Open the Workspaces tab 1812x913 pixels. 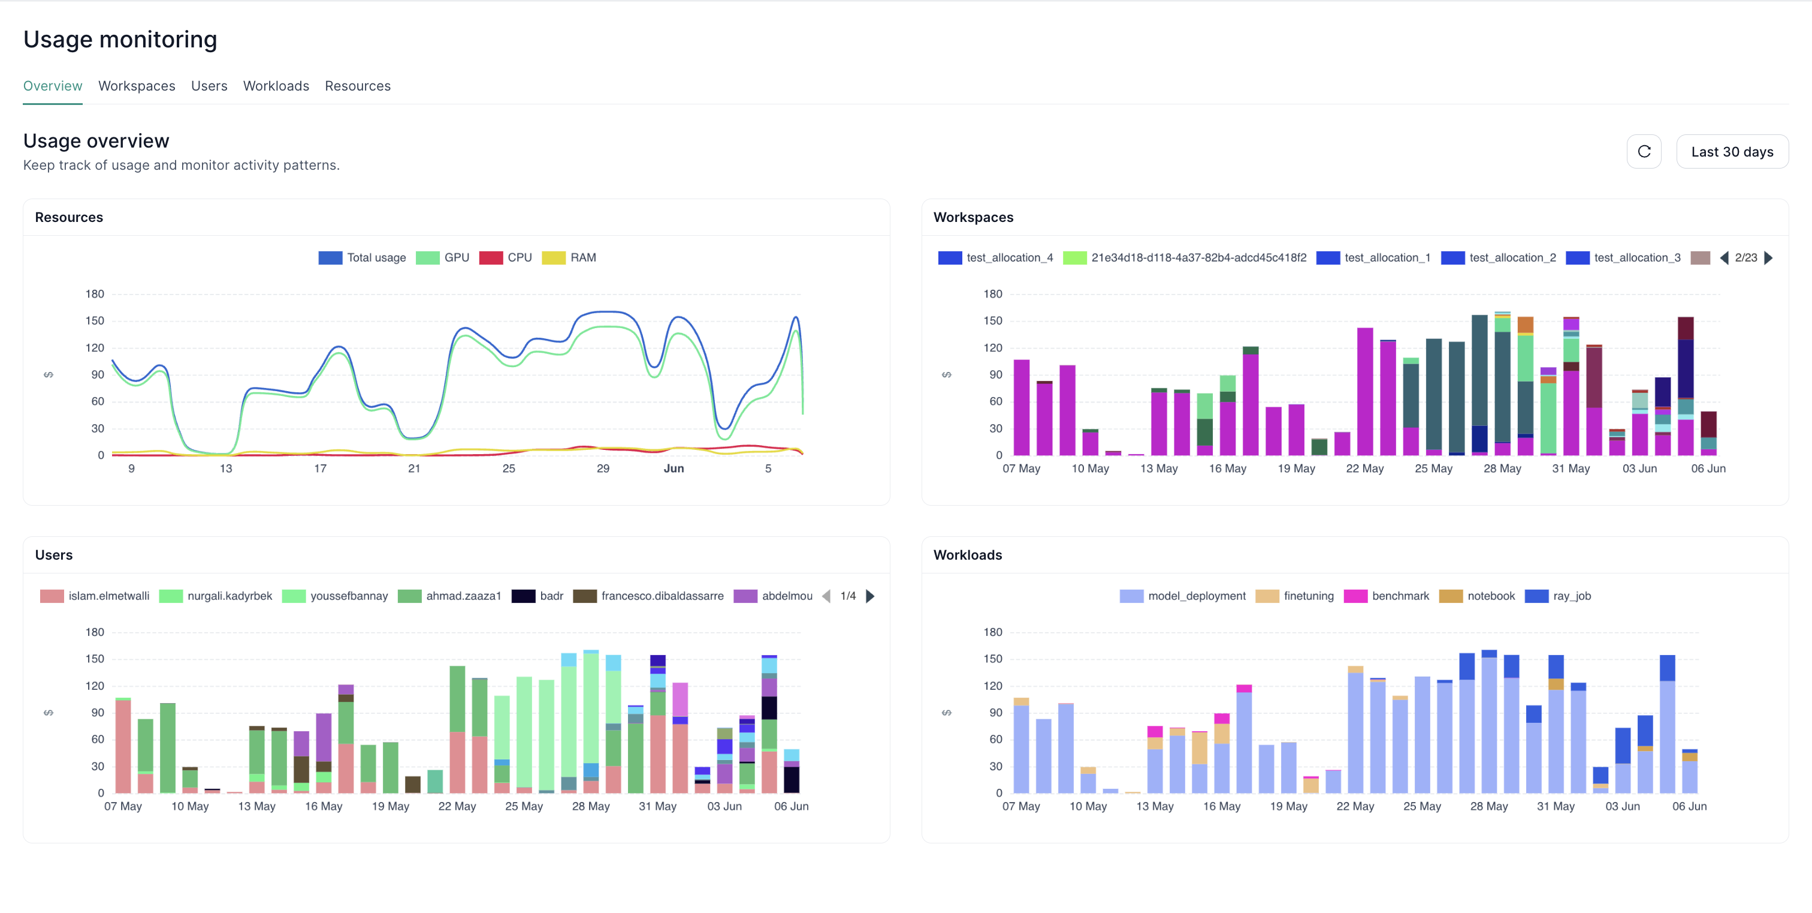137,86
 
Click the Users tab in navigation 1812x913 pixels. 209,86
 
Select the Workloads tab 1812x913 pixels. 276,86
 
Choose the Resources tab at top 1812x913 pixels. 357,86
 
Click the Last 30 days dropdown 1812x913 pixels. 1731,152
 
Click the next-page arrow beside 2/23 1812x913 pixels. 1769,257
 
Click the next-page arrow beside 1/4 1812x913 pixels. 870,596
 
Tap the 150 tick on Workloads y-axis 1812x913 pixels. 992,659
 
